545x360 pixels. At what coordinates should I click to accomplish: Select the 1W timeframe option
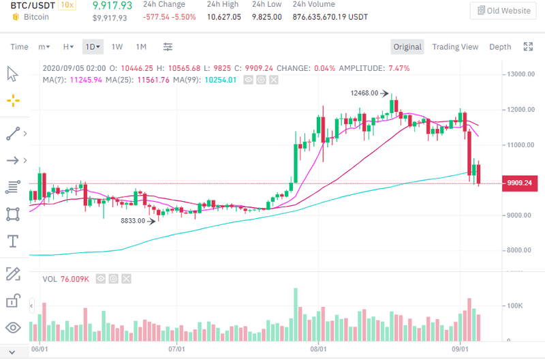tap(117, 47)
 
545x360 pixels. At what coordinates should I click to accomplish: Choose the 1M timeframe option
tap(141, 47)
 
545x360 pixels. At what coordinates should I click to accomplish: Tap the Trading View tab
tap(455, 47)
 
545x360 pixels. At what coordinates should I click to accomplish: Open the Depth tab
tap(500, 47)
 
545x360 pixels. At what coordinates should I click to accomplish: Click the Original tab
tap(407, 47)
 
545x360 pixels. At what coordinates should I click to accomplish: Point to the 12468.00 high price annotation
tap(364, 93)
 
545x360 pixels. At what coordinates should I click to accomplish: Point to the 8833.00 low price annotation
tap(134, 221)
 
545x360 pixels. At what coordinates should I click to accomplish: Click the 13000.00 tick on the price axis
tap(520, 74)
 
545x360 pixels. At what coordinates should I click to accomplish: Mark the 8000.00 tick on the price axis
tap(518, 251)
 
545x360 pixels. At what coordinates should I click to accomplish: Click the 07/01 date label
tap(176, 348)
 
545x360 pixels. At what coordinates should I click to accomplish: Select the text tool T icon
tap(12, 241)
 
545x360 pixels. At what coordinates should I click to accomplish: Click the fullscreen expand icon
tap(527, 47)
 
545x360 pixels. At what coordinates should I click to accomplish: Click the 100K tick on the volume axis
tap(515, 306)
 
